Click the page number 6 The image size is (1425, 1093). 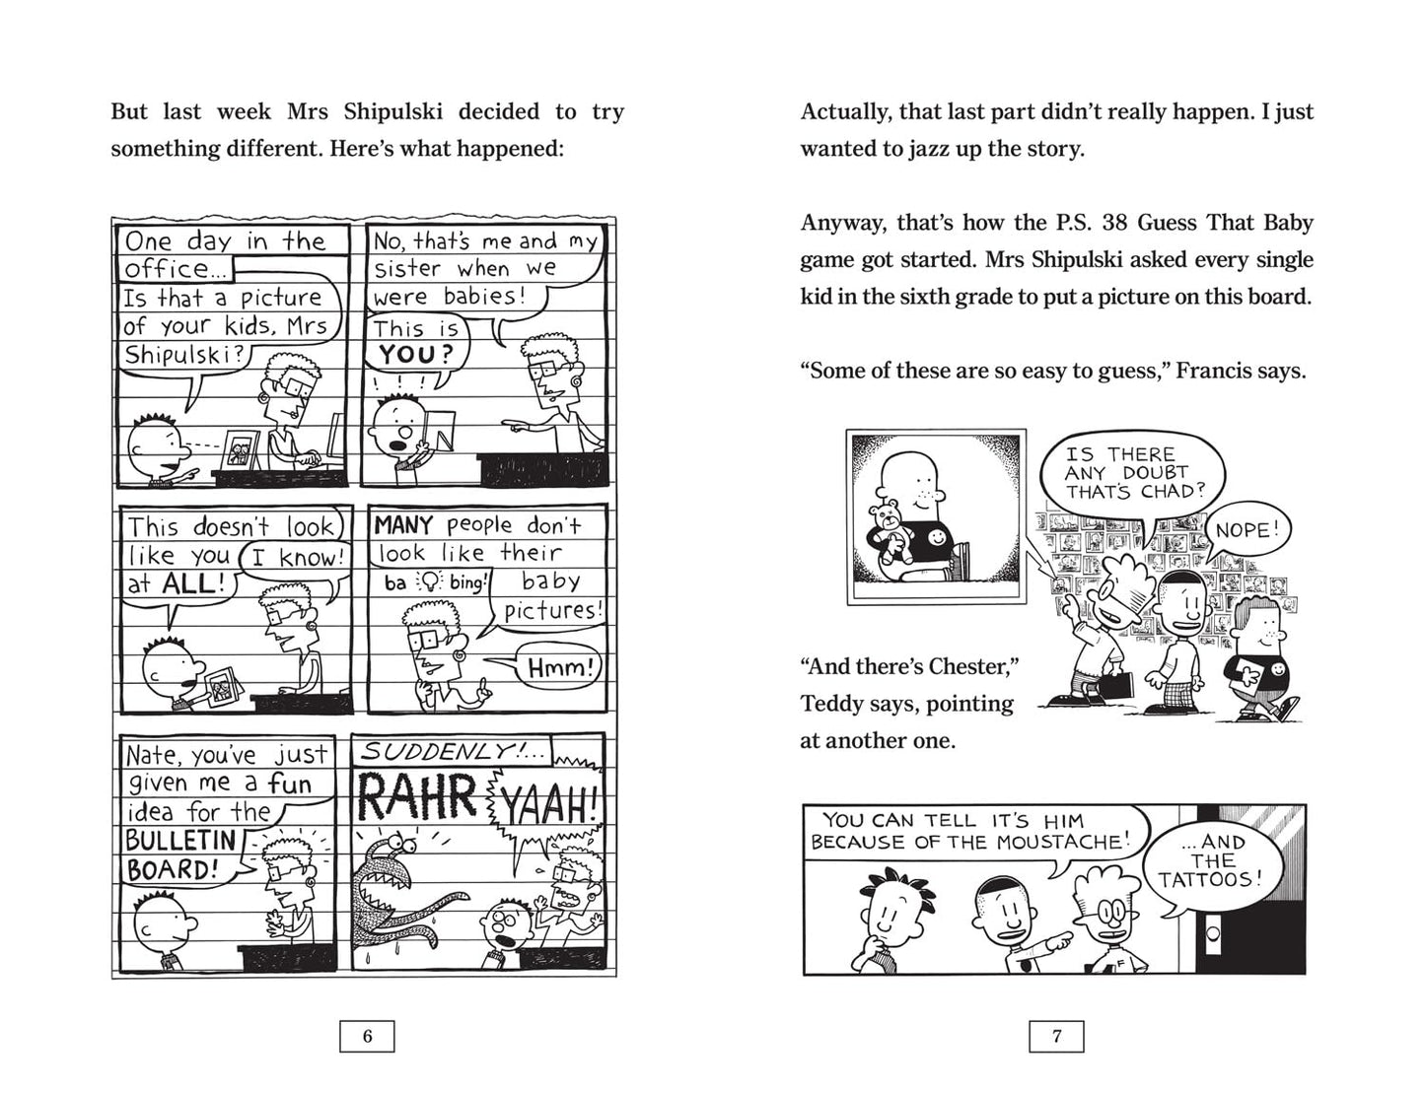tap(367, 1036)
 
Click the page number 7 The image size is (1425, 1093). tap(1056, 1036)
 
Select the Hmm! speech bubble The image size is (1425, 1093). tap(561, 669)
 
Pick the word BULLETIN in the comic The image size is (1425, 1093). tap(181, 841)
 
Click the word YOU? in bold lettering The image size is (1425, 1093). tap(415, 356)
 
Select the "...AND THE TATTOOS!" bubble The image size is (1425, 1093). tap(1210, 860)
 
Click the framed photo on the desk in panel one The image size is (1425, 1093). tap(239, 450)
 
